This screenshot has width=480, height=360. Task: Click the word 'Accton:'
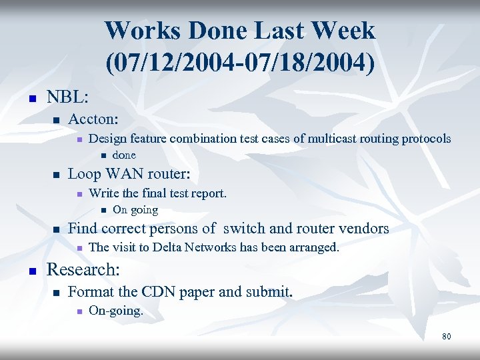93,119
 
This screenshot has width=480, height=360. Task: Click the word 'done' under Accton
124,155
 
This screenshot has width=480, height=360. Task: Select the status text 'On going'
135,210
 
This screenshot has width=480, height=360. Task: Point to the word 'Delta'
169,248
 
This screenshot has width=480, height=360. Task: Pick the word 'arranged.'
315,248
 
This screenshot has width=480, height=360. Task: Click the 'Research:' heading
83,271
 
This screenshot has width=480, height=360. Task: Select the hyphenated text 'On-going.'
115,311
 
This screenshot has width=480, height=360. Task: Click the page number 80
446,337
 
